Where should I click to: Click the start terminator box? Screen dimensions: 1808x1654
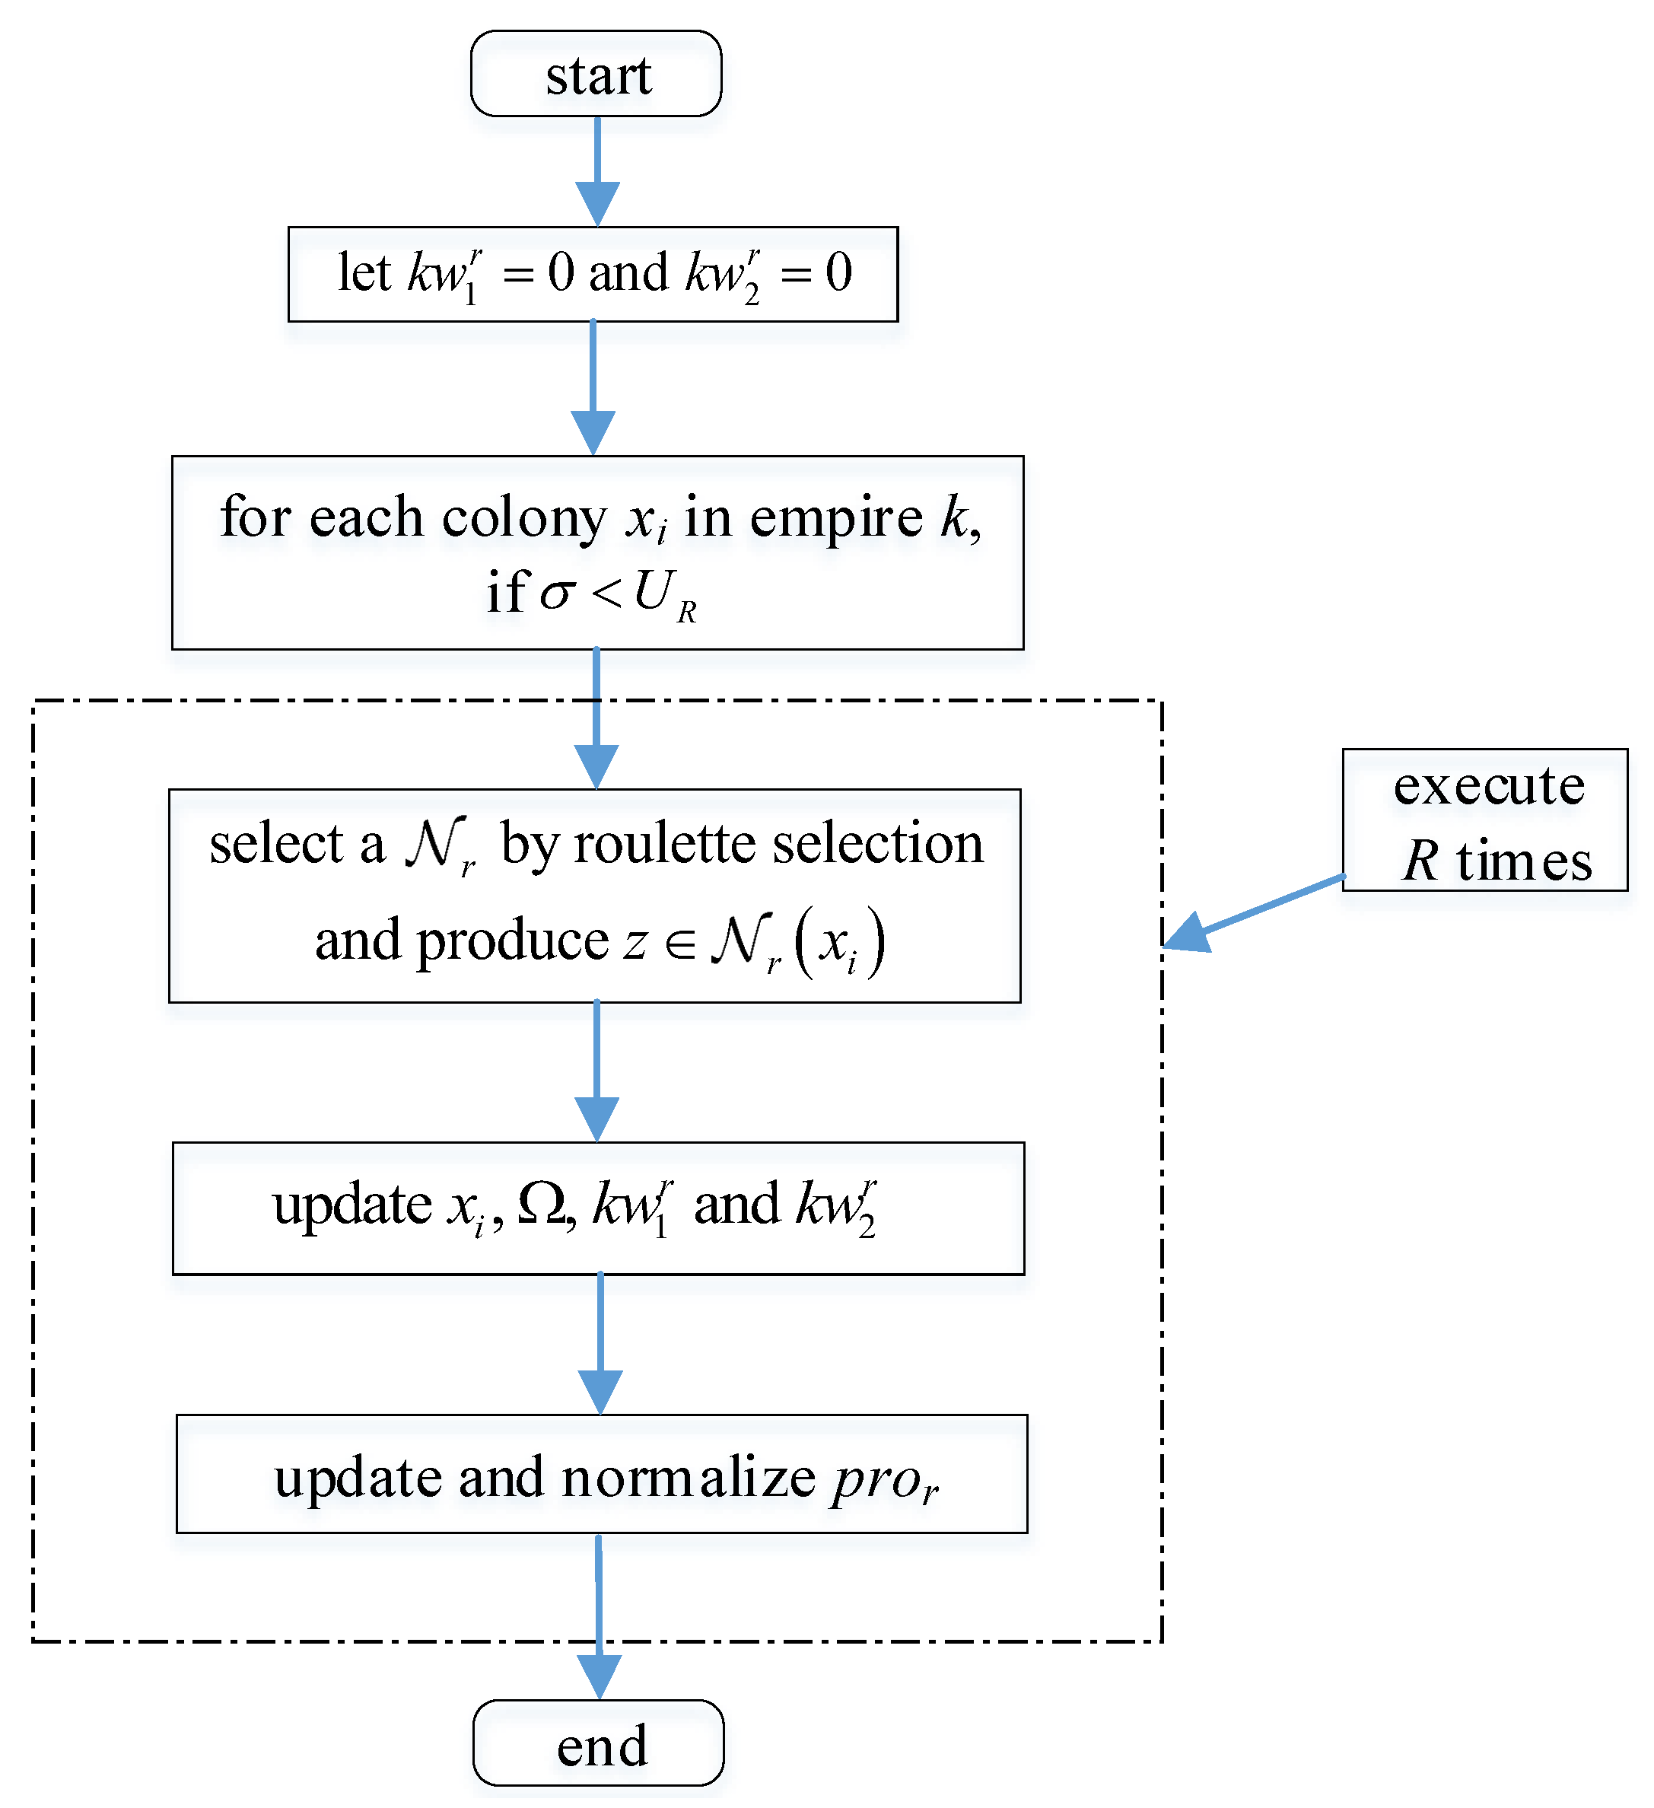click(597, 74)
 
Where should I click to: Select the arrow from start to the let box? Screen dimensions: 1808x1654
click(598, 170)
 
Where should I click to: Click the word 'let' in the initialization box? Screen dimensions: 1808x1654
click(364, 272)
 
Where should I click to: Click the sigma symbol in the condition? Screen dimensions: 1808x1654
click(557, 594)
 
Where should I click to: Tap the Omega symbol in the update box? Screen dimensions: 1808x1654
click(542, 1205)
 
